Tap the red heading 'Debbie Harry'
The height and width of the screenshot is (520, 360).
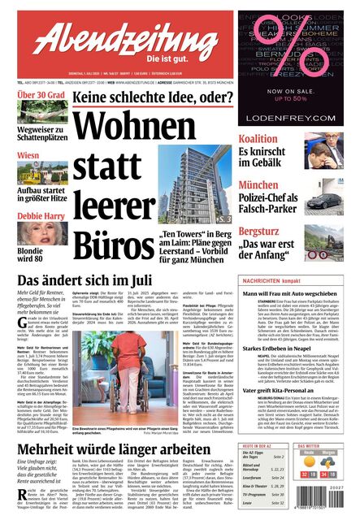pos(41,217)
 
